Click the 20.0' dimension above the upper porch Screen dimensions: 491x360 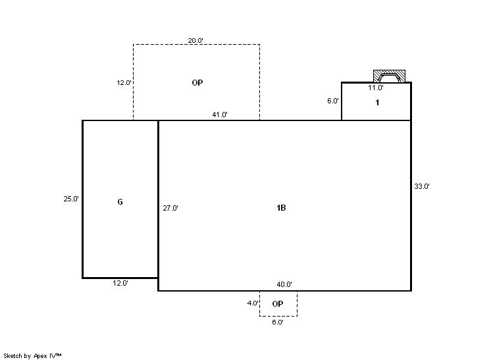(x=195, y=40)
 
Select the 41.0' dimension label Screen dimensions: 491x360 (x=220, y=115)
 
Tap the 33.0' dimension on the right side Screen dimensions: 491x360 (x=422, y=186)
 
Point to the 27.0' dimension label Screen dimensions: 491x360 (x=170, y=208)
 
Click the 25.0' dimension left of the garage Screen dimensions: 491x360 (x=71, y=199)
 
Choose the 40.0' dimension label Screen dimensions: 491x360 (x=284, y=284)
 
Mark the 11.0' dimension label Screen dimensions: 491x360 (x=375, y=88)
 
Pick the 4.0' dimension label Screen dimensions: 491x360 (x=253, y=303)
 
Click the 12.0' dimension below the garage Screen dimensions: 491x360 (x=120, y=283)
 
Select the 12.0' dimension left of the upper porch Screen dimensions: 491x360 (x=124, y=83)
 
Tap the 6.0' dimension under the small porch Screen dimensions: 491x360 (x=278, y=322)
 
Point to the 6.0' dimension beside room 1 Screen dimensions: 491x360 (x=333, y=101)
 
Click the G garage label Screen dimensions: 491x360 (x=120, y=202)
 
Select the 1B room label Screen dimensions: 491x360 (x=281, y=207)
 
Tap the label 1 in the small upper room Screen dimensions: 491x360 (x=377, y=103)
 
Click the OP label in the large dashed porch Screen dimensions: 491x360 (x=197, y=83)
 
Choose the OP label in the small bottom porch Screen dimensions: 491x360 (x=278, y=303)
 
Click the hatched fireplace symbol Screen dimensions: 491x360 (x=389, y=76)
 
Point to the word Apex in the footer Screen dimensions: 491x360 (x=40, y=356)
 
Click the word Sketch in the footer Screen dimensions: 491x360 (x=13, y=355)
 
